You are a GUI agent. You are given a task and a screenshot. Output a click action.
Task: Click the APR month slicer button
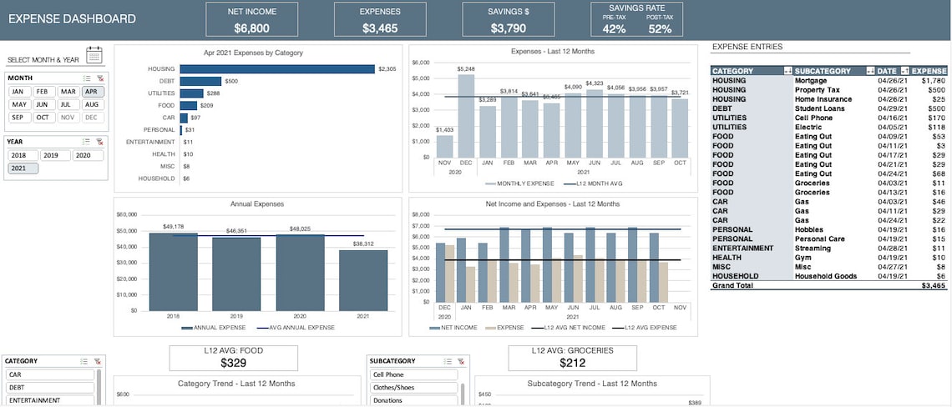click(x=92, y=92)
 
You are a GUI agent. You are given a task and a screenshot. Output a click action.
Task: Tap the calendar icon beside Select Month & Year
click(x=94, y=56)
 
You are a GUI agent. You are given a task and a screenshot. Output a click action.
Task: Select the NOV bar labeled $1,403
click(x=444, y=146)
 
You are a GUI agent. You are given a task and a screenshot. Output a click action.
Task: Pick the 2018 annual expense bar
click(x=174, y=271)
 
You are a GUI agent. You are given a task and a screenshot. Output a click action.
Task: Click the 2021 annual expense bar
click(x=363, y=280)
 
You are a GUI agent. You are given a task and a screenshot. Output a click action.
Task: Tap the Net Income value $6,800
click(x=252, y=28)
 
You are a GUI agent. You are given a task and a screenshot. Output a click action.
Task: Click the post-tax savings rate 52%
click(x=660, y=29)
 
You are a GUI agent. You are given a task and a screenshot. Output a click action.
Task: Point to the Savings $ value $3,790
click(x=509, y=28)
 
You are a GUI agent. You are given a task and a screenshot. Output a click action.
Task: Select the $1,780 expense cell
click(x=933, y=81)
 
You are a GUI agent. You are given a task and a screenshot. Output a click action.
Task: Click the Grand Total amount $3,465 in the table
click(x=933, y=285)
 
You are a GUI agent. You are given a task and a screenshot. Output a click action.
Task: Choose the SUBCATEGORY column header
click(x=823, y=71)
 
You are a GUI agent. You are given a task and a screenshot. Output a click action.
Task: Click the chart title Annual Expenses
click(x=256, y=203)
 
